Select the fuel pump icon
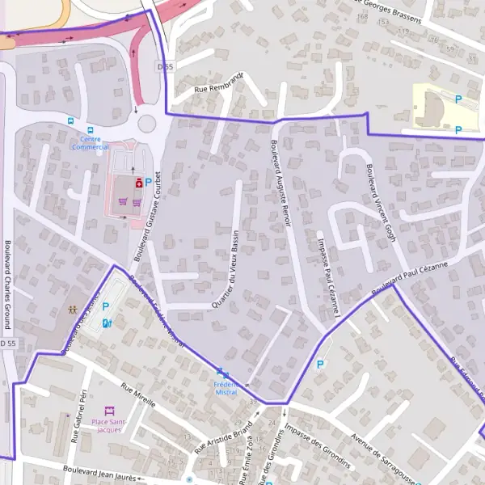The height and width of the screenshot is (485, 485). tap(107, 323)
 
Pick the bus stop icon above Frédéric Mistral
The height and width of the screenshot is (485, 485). tap(220, 371)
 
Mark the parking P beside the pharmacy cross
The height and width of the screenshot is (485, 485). tap(149, 183)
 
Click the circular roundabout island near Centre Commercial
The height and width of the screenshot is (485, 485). tap(146, 124)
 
